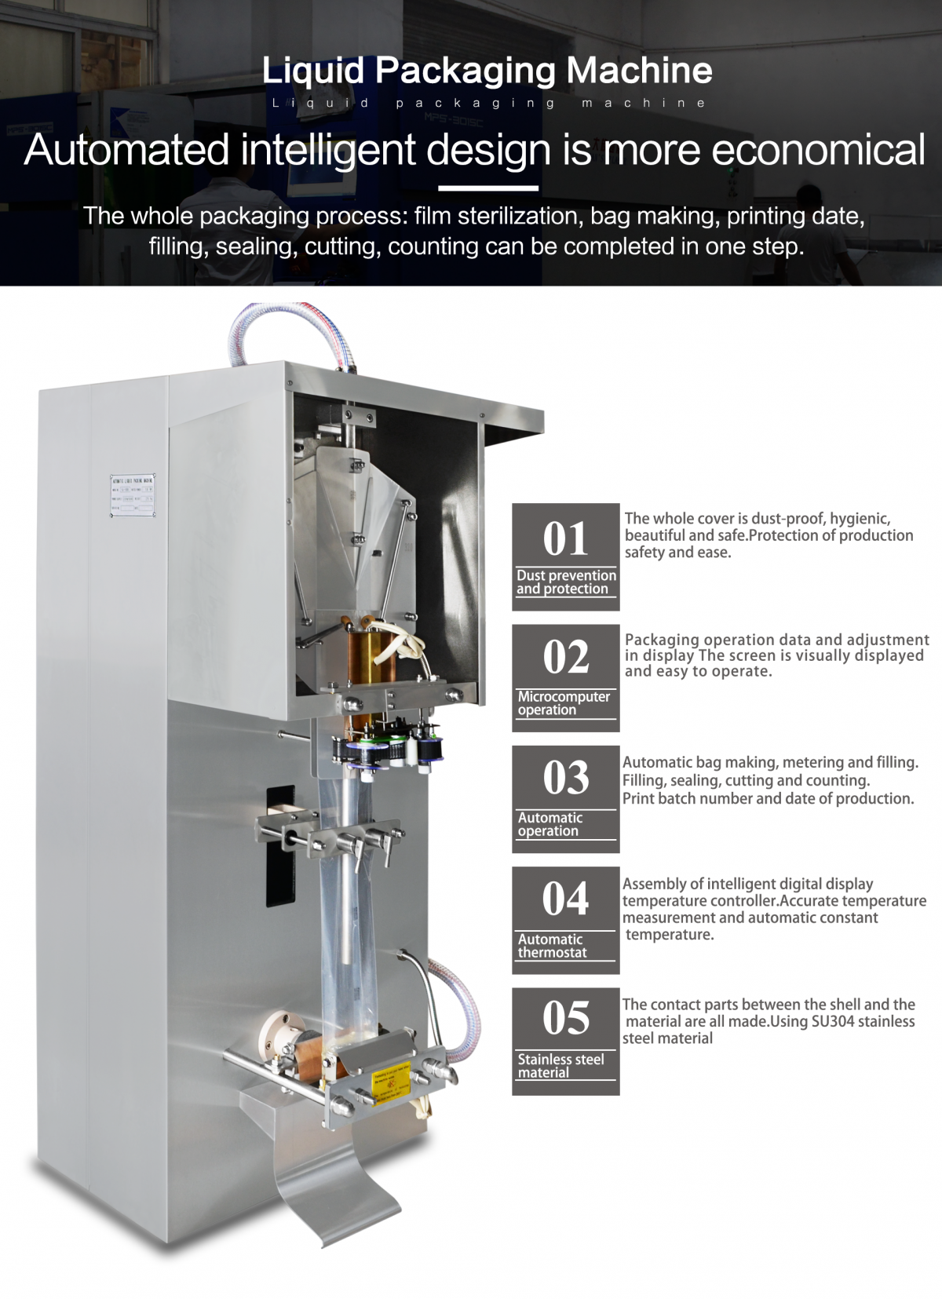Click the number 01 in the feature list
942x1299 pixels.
click(565, 539)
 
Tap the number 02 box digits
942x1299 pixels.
click(565, 657)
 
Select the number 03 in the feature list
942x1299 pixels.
click(565, 778)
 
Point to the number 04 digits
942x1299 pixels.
click(565, 899)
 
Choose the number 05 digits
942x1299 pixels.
click(565, 1018)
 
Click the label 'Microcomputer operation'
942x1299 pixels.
click(564, 703)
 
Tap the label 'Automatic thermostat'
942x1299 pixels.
click(553, 946)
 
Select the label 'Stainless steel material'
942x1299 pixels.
click(560, 1066)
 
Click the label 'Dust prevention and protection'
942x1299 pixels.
click(566, 582)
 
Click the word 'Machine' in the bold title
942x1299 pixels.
click(639, 71)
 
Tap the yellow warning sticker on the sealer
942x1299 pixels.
click(391, 1083)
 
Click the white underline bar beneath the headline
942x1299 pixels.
click(487, 188)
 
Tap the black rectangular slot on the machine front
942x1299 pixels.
click(279, 848)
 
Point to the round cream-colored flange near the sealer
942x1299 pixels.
click(275, 1036)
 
